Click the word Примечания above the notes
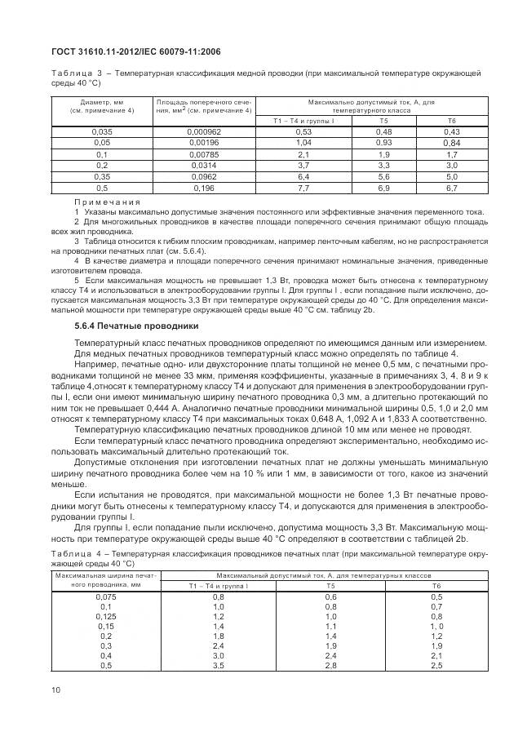(x=107, y=202)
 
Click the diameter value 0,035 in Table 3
(x=102, y=131)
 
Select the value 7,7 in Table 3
(x=304, y=188)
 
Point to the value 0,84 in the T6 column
(x=452, y=143)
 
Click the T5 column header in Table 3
(x=383, y=120)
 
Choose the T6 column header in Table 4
(x=459, y=586)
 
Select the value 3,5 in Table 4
(x=219, y=667)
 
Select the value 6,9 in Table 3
(x=383, y=188)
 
